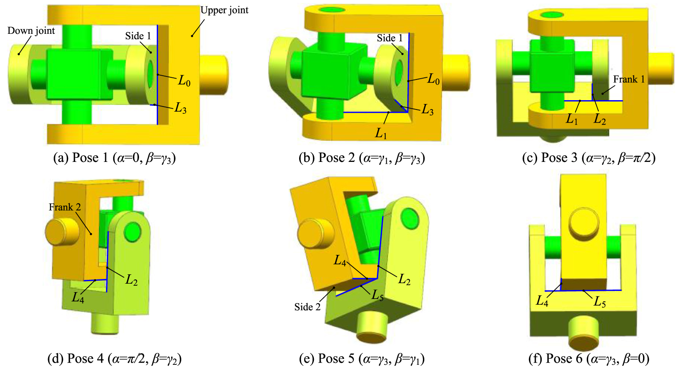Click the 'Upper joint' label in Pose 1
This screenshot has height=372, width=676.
click(x=224, y=11)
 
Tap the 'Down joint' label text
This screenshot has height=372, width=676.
click(x=31, y=31)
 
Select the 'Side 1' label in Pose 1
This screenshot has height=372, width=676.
click(x=138, y=36)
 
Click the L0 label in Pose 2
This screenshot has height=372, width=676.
click(x=433, y=79)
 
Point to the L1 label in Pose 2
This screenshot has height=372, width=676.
click(x=381, y=134)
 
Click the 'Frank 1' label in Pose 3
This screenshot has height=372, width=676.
click(x=629, y=79)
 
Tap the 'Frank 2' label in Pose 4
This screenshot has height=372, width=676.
click(x=65, y=207)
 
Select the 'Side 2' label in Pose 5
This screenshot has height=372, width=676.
click(x=307, y=307)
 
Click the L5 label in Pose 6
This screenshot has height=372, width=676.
click(x=600, y=302)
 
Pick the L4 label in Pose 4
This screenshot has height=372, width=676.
click(x=78, y=298)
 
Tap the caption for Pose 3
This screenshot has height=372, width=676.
click(x=589, y=158)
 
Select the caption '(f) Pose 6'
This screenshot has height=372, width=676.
click(x=589, y=358)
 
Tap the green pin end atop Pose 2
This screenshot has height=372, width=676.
click(x=333, y=10)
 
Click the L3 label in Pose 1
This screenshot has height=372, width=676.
click(x=180, y=109)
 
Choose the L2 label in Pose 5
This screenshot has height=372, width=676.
click(x=404, y=279)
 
